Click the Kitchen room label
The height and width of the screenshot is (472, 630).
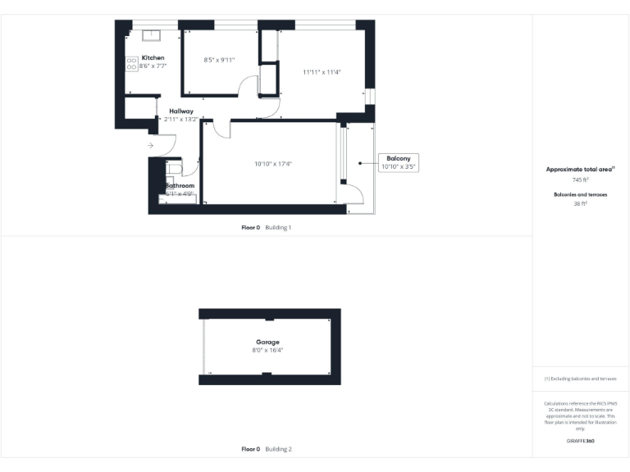click(153, 57)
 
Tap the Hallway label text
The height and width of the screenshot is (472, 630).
click(181, 111)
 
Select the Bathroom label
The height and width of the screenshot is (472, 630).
click(180, 186)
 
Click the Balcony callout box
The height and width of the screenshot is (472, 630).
click(399, 162)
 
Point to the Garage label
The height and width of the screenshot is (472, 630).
click(267, 342)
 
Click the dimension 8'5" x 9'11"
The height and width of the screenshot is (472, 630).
click(219, 60)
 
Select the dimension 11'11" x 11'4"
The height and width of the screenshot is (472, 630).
click(322, 72)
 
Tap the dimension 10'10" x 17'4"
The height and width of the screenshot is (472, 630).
click(273, 164)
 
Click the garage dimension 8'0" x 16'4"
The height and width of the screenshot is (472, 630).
click(268, 350)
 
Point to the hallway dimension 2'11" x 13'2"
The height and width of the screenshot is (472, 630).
click(181, 120)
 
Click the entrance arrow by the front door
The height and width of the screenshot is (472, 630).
click(150, 146)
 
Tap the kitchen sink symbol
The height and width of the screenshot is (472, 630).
click(152, 35)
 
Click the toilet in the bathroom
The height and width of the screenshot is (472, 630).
click(175, 167)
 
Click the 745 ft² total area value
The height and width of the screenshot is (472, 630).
click(580, 179)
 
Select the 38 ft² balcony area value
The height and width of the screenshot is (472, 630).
click(580, 203)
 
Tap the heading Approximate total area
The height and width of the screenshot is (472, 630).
click(579, 170)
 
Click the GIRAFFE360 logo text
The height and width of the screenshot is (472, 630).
click(580, 441)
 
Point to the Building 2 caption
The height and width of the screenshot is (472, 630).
click(278, 449)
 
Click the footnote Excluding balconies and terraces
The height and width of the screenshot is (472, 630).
click(580, 379)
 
